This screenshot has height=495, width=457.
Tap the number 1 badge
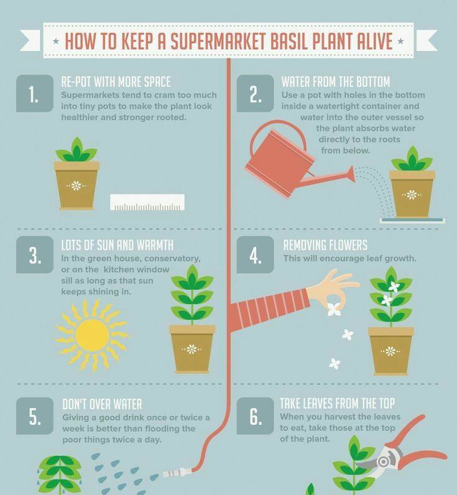coord(35,93)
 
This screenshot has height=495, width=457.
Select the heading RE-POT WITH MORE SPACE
coord(116,82)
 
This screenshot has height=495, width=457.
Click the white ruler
coord(147,202)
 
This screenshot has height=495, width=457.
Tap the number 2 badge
coord(255,93)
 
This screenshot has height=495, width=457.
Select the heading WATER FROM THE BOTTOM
coord(336,82)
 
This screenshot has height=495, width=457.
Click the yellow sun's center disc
coord(92,335)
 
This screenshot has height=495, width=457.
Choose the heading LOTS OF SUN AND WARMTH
coord(118,245)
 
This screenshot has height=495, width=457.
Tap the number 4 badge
coord(255,254)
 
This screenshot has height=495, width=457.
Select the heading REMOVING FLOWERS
coord(325,245)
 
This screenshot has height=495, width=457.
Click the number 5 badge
coord(35,416)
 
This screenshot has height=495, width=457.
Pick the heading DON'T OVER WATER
coord(102,404)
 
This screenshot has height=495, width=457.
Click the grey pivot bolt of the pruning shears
coord(383,461)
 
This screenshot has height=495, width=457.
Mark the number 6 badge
coord(255,416)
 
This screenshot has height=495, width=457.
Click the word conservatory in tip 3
coord(172,259)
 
